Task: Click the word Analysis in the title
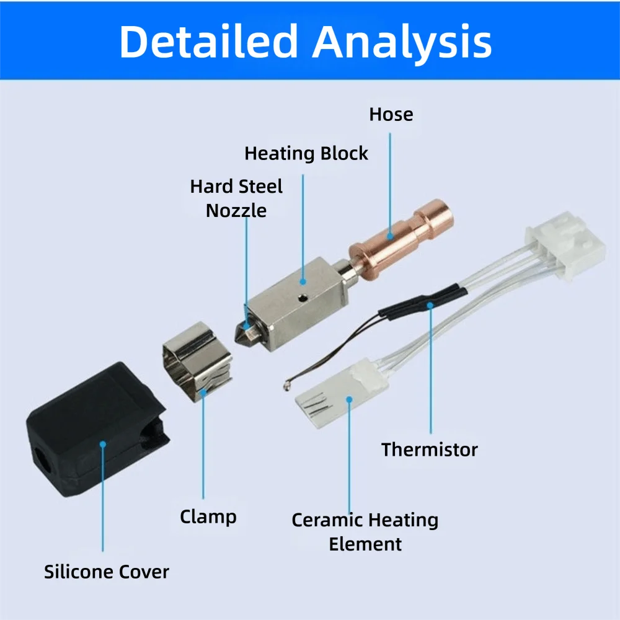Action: (x=402, y=42)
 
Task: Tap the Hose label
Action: (x=391, y=115)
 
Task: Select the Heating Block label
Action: (x=306, y=153)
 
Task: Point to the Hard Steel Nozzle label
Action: (x=236, y=198)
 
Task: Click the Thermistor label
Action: (x=429, y=449)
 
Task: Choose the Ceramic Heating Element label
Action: (x=365, y=531)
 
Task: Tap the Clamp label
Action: (x=208, y=516)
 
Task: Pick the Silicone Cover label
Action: (x=106, y=572)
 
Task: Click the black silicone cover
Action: (x=93, y=428)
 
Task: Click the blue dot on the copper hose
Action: (x=391, y=235)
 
